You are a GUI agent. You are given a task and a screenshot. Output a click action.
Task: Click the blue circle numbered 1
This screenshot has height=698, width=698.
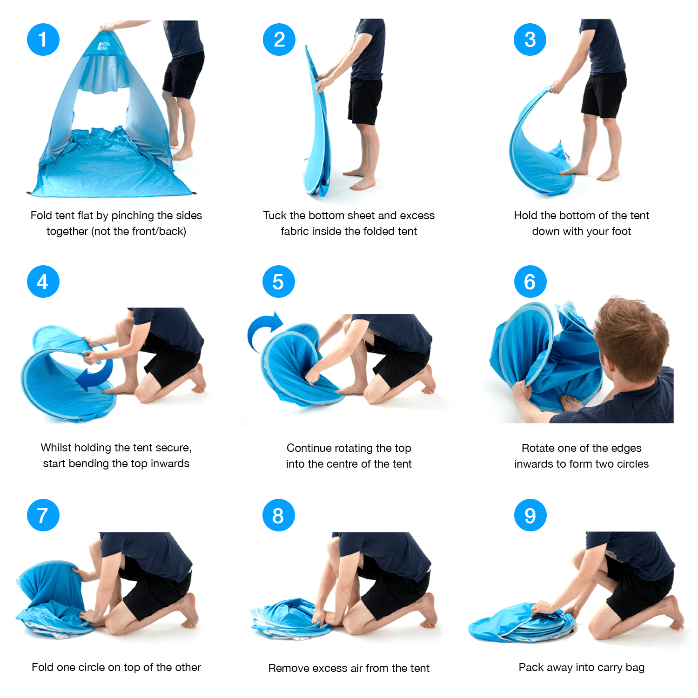click(43, 40)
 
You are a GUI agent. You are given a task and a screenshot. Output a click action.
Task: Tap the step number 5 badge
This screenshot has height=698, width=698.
click(279, 282)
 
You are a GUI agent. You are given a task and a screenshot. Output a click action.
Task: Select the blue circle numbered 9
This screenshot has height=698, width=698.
click(530, 515)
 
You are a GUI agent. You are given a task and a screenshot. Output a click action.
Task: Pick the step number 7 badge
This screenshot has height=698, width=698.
click(43, 515)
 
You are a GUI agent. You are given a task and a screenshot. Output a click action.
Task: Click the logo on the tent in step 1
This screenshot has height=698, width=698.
click(103, 46)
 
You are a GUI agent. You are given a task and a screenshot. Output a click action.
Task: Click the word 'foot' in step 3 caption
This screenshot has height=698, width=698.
click(620, 231)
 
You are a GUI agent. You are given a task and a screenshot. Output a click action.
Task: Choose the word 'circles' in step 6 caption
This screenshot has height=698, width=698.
click(632, 464)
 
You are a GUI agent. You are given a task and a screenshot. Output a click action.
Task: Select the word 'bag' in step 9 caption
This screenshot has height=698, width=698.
click(635, 668)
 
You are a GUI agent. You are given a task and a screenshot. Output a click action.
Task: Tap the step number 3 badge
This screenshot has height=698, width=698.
click(530, 40)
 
